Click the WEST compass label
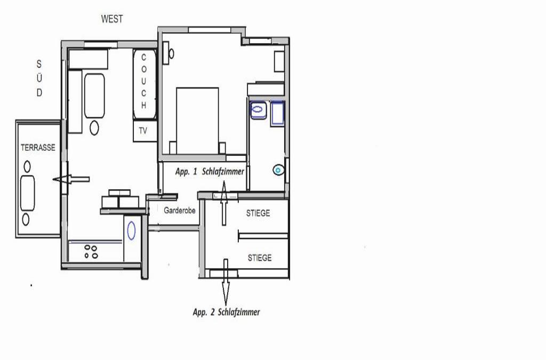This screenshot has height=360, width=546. (112, 19)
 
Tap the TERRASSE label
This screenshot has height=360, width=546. (38, 148)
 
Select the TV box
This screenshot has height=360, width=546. (145, 131)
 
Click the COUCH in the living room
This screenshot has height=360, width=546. (144, 85)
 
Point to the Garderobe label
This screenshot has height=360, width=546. (179, 210)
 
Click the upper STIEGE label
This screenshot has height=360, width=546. (258, 213)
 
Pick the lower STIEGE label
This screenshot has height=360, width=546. (260, 258)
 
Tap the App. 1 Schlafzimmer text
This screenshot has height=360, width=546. (210, 171)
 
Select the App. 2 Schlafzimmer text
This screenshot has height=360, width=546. (226, 312)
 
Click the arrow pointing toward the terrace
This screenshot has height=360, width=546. (71, 179)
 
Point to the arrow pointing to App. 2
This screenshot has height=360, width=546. (226, 282)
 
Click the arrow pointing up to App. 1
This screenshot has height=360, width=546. (224, 203)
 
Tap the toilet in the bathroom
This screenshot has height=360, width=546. (278, 170)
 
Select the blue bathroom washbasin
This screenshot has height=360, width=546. (258, 110)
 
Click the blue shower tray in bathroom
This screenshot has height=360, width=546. (277, 113)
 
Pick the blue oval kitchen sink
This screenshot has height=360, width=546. (131, 230)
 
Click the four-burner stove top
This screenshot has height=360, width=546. (91, 251)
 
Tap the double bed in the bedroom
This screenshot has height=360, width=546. (197, 121)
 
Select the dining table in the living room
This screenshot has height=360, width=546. (94, 95)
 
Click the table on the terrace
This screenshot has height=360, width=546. (28, 193)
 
